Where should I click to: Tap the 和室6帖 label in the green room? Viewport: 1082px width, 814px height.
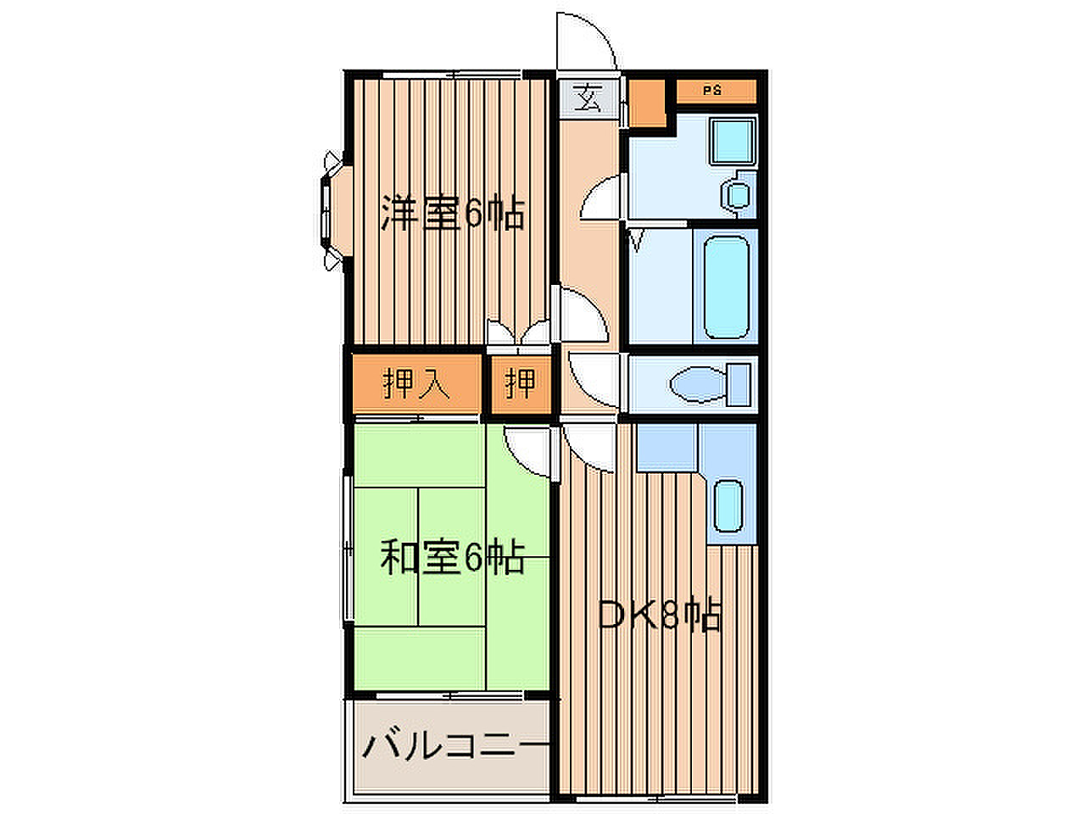[453, 557]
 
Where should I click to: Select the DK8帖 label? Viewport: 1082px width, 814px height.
[660, 613]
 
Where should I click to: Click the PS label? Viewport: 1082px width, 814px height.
[711, 91]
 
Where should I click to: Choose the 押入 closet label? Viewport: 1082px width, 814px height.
[416, 382]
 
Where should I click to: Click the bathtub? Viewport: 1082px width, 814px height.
[727, 287]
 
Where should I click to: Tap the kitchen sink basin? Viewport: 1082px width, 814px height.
[728, 506]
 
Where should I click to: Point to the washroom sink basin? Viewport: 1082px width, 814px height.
[738, 195]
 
